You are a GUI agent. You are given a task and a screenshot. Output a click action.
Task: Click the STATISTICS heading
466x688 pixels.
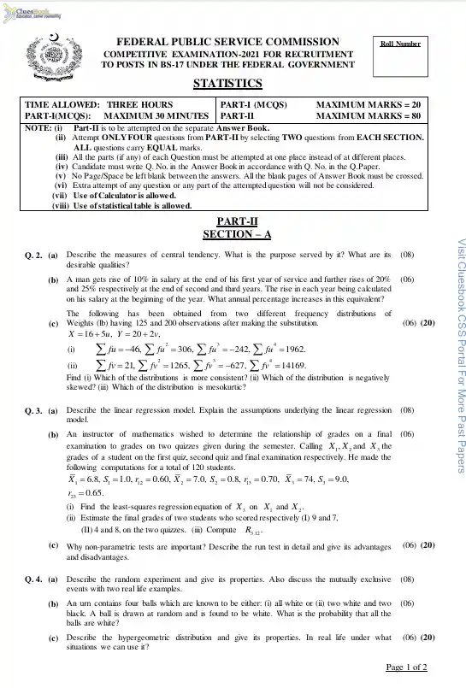227,83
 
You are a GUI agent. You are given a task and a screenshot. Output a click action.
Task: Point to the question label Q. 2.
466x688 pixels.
32,255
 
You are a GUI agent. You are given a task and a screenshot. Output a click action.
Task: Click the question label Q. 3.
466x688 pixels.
32,410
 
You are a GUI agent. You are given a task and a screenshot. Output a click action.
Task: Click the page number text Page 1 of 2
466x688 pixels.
412,667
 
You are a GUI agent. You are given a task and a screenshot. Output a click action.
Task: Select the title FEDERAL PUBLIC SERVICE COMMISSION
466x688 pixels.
227,42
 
